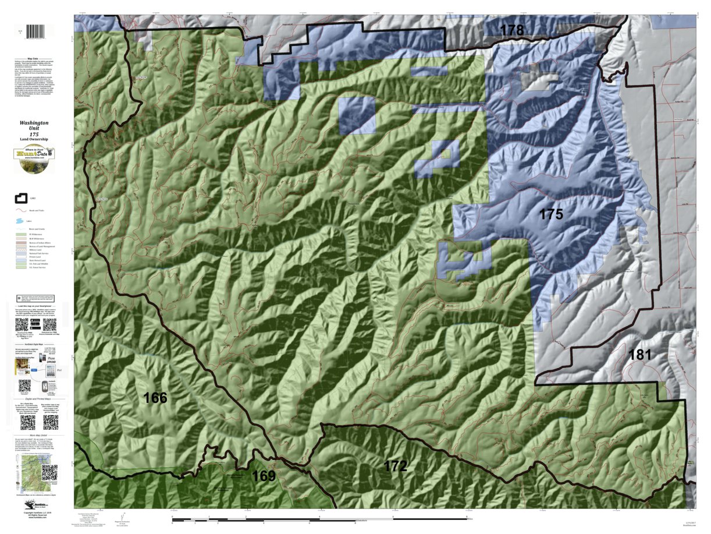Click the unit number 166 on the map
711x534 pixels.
[x=155, y=398]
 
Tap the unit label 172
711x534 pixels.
[x=395, y=466]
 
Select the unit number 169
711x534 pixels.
[x=263, y=476]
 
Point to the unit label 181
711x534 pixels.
[x=639, y=354]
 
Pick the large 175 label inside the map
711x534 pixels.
[x=550, y=214]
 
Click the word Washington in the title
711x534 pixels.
[x=34, y=123]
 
